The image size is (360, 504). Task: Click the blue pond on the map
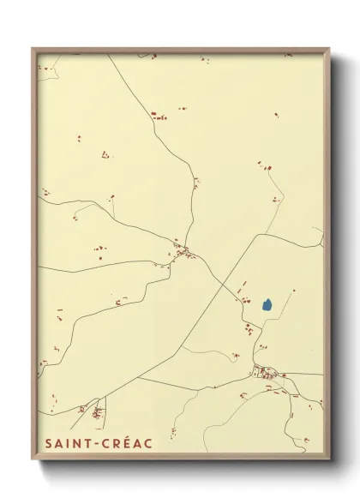[267, 304]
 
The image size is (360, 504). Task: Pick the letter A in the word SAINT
[57, 443]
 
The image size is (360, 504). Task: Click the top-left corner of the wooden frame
[33, 49]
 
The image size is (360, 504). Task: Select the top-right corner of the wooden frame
[329, 49]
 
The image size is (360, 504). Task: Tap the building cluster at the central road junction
[183, 251]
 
